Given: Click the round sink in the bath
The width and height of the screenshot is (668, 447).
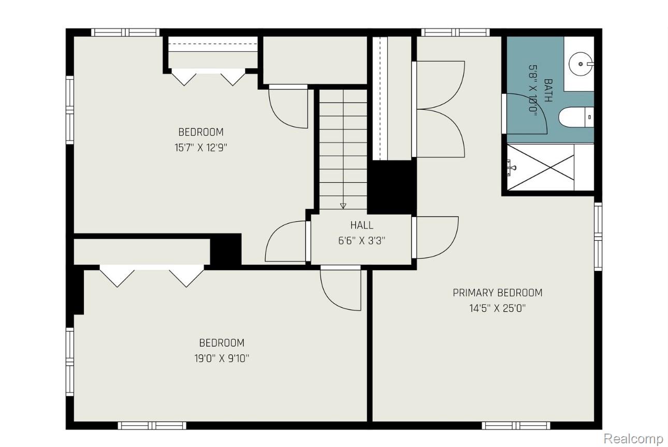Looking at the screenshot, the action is [580, 64].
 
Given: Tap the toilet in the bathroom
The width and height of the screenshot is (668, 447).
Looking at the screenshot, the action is [576, 117].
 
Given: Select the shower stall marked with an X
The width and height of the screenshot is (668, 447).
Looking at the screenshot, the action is [541, 167].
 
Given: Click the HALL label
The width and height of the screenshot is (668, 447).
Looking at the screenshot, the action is [361, 225].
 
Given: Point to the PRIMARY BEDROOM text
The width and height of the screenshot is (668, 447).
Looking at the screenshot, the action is [498, 293].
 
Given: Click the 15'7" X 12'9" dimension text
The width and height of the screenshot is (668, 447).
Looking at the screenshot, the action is [201, 148].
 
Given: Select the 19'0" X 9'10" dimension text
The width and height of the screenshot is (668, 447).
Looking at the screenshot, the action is [222, 358].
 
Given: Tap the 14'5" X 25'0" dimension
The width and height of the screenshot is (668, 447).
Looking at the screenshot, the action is [498, 308].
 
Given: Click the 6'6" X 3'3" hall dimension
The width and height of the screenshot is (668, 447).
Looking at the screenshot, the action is [362, 241].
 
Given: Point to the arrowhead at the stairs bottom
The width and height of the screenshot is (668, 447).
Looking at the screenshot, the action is [343, 206].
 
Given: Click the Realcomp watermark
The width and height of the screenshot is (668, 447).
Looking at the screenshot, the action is [633, 438].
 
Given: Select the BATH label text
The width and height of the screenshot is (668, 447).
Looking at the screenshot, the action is [548, 90].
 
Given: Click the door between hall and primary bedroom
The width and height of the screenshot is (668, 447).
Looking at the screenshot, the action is [435, 237].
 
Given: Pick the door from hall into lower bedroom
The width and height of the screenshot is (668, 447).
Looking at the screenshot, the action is [341, 288].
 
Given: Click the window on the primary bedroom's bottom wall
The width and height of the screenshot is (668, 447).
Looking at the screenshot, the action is [516, 426].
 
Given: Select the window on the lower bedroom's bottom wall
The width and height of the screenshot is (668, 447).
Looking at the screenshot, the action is [152, 426].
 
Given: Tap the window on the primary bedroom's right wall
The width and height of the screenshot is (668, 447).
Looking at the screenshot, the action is [598, 237].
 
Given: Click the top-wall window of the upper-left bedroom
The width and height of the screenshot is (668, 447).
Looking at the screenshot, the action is [125, 33].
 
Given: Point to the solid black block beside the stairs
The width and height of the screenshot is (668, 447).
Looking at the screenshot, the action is [391, 188].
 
